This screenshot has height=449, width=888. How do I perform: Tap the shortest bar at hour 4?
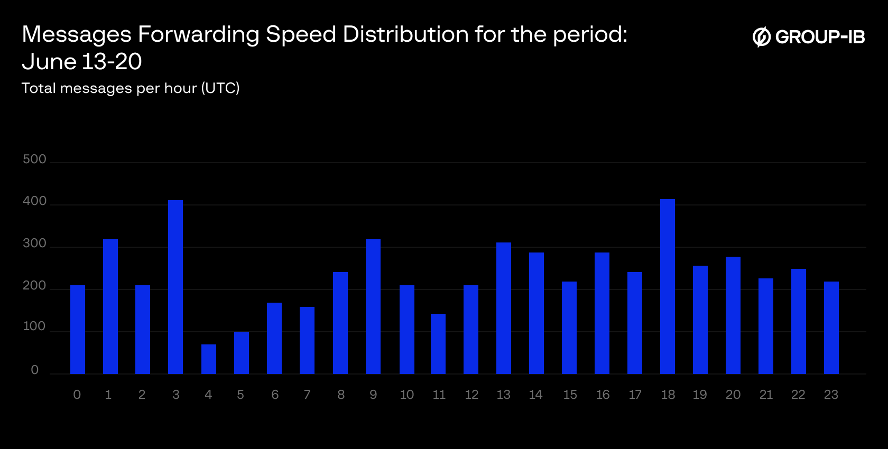(x=209, y=359)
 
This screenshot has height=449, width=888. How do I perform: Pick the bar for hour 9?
(x=373, y=306)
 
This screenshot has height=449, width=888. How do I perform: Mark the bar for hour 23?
(x=831, y=328)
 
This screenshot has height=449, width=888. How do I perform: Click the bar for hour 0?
(x=78, y=330)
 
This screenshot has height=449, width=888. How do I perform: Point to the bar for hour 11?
(x=438, y=344)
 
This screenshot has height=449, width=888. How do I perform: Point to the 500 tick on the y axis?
(x=35, y=159)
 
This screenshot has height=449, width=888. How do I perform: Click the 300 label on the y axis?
(x=35, y=244)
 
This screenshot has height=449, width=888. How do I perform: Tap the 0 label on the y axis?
(x=35, y=370)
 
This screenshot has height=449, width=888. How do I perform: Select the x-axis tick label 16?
(x=603, y=395)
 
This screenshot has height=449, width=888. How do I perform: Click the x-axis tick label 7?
(x=307, y=395)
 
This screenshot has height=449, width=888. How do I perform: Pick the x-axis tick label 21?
(x=766, y=395)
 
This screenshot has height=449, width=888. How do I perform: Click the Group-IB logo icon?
(x=762, y=37)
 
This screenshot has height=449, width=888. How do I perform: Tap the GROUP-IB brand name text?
(x=820, y=37)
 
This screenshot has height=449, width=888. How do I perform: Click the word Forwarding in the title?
(x=198, y=35)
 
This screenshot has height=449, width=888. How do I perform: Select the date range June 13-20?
(x=82, y=62)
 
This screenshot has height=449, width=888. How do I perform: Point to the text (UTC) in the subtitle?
(x=220, y=88)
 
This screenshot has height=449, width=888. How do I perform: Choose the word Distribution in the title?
(x=405, y=34)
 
